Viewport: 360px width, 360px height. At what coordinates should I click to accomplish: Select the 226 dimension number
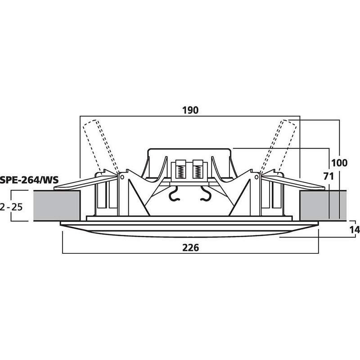point(190,247)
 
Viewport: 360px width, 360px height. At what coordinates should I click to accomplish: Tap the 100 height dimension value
point(338,162)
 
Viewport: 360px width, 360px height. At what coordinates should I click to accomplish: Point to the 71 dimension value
point(328,176)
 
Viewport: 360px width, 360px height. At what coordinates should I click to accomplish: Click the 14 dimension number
point(354,230)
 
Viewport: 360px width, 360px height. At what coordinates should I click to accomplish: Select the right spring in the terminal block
point(197,170)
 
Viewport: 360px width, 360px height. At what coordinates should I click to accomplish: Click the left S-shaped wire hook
point(173,194)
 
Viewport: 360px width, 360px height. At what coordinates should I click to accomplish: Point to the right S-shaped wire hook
point(206,194)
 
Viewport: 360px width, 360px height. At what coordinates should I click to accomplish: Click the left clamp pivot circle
point(121,177)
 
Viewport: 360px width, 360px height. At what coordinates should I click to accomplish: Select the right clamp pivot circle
point(257,177)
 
